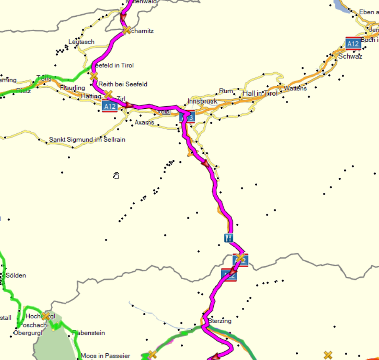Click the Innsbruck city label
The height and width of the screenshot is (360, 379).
click(x=202, y=101)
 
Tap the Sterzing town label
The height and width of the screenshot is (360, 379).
click(x=220, y=321)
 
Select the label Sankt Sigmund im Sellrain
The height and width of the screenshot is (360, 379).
click(x=87, y=140)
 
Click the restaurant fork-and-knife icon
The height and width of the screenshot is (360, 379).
click(x=228, y=238)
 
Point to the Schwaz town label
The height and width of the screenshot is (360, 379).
click(x=350, y=56)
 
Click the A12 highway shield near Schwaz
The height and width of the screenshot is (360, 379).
click(x=353, y=43)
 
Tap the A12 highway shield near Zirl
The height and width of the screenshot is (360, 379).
click(x=110, y=107)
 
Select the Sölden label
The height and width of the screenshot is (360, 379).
click(x=16, y=276)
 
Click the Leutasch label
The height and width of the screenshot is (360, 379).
click(x=82, y=42)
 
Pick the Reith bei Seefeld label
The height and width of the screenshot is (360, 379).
click(x=123, y=84)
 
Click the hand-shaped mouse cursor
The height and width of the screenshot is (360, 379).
click(x=116, y=176)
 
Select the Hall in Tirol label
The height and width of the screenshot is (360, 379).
click(x=260, y=93)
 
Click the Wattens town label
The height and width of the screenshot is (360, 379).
click(x=295, y=88)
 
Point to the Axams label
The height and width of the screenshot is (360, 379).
click(x=144, y=123)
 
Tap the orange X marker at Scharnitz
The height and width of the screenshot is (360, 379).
click(x=126, y=30)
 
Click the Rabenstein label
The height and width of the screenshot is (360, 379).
click(x=89, y=333)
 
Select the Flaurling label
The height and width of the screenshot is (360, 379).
click(x=72, y=88)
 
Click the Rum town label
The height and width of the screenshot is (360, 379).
click(x=226, y=91)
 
